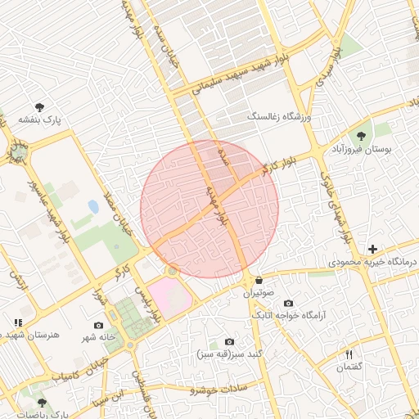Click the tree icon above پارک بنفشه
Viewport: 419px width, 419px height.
click(39, 106)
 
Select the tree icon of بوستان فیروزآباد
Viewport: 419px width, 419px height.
click(361, 135)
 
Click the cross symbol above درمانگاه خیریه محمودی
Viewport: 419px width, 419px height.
click(372, 249)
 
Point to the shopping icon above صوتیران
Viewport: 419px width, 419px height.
click(259, 280)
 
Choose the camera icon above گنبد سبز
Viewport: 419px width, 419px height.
click(228, 341)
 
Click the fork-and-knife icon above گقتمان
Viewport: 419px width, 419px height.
click(349, 354)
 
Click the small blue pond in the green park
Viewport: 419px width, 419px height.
click(93, 207)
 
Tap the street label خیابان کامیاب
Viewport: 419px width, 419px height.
click(85, 368)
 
